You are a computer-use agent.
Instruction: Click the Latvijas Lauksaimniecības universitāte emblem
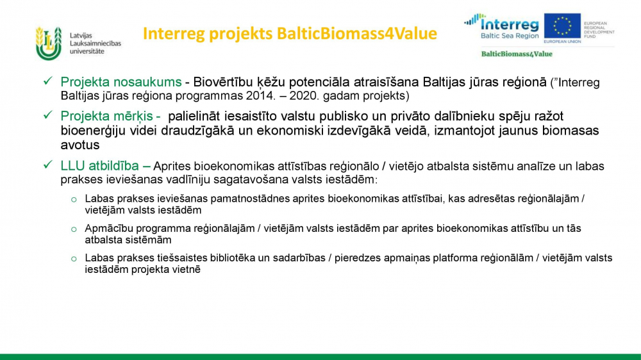tap(49, 44)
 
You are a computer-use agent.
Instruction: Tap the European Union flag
tap(562, 26)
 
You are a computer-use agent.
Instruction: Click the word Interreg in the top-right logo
tap(510, 24)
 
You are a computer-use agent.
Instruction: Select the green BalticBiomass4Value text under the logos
tap(517, 54)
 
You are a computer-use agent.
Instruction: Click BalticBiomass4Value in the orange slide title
tap(357, 33)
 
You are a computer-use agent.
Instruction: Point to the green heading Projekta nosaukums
tap(121, 82)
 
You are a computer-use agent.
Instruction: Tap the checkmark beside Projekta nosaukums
tap(48, 81)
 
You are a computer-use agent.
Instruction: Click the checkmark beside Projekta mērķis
tap(48, 115)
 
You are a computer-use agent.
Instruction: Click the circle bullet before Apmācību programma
tap(74, 229)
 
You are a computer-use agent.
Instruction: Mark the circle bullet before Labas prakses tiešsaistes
tap(74, 259)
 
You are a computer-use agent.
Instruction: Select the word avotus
tap(80, 145)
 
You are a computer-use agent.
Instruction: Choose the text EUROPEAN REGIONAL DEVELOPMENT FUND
tap(599, 30)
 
